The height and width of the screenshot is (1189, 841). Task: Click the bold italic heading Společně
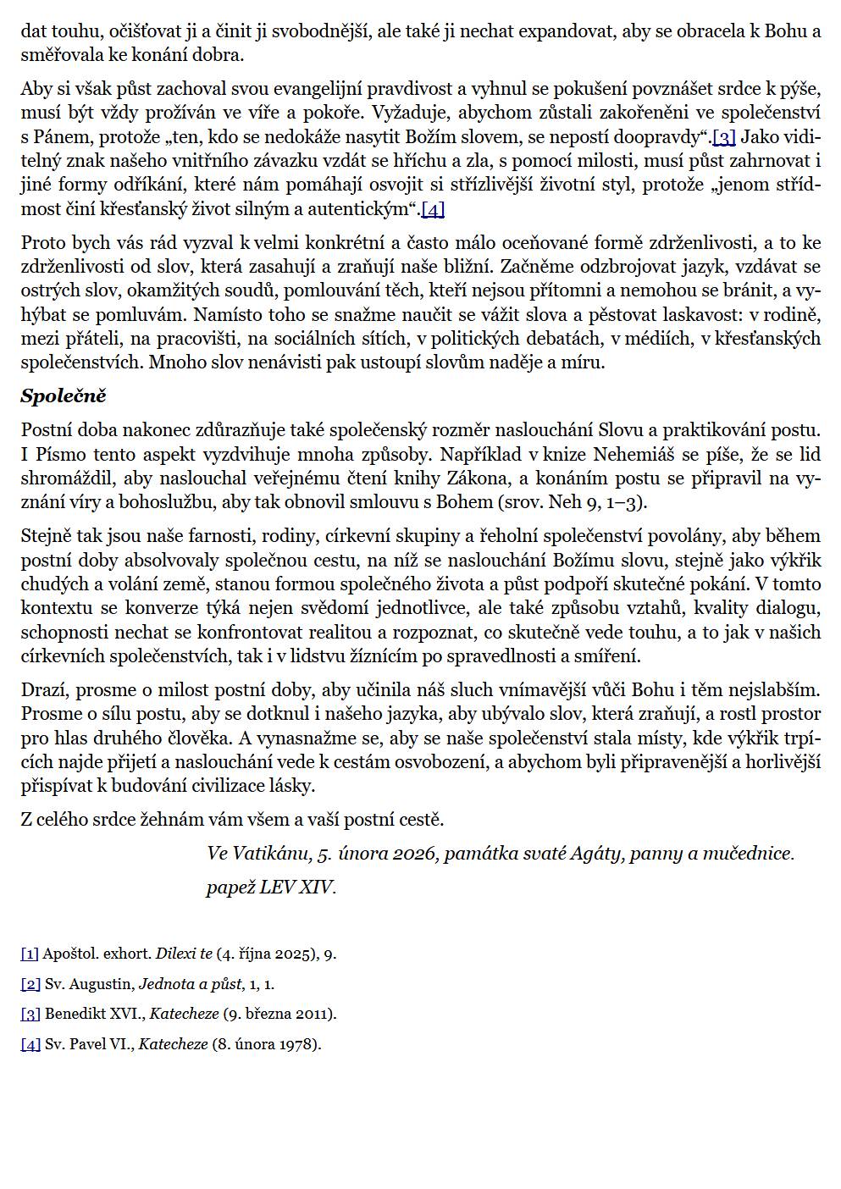tap(64, 396)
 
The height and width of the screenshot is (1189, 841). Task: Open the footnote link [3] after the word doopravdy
tap(724, 137)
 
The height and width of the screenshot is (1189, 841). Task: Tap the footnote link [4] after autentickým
tap(433, 209)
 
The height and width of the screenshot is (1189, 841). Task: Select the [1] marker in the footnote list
tap(30, 954)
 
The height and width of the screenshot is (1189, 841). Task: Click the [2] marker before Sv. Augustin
tap(30, 984)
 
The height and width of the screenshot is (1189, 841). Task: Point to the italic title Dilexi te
tap(184, 954)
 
